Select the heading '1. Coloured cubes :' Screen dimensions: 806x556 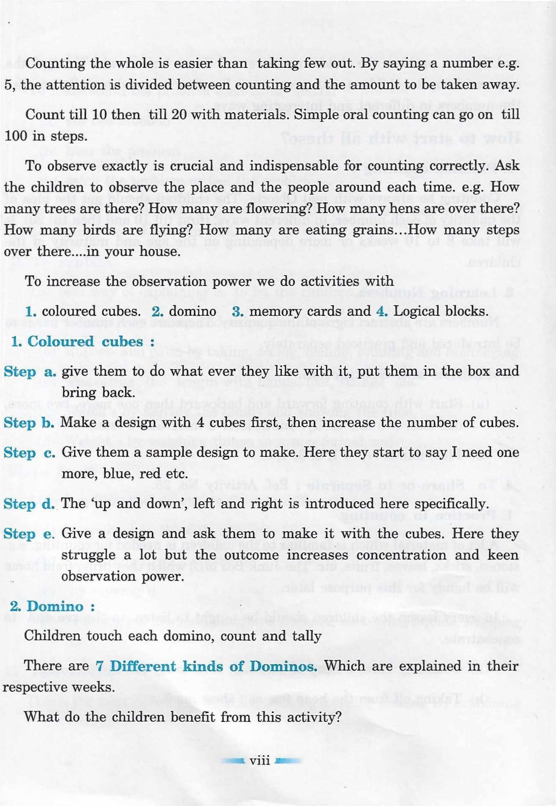click(x=82, y=342)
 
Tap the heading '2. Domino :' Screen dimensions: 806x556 click(x=52, y=606)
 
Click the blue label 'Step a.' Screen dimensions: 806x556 click(x=30, y=372)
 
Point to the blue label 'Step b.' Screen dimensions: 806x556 click(x=29, y=423)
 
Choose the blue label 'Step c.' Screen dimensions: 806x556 click(x=29, y=453)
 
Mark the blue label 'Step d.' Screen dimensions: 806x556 click(x=29, y=504)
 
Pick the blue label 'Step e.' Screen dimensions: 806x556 click(x=29, y=534)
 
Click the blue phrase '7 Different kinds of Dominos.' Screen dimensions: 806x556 click(x=207, y=666)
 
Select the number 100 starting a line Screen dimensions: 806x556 click(x=16, y=136)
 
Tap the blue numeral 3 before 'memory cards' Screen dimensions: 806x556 click(x=237, y=312)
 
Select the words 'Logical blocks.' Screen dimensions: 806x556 click(x=441, y=312)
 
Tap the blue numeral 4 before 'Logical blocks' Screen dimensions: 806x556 click(x=382, y=312)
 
